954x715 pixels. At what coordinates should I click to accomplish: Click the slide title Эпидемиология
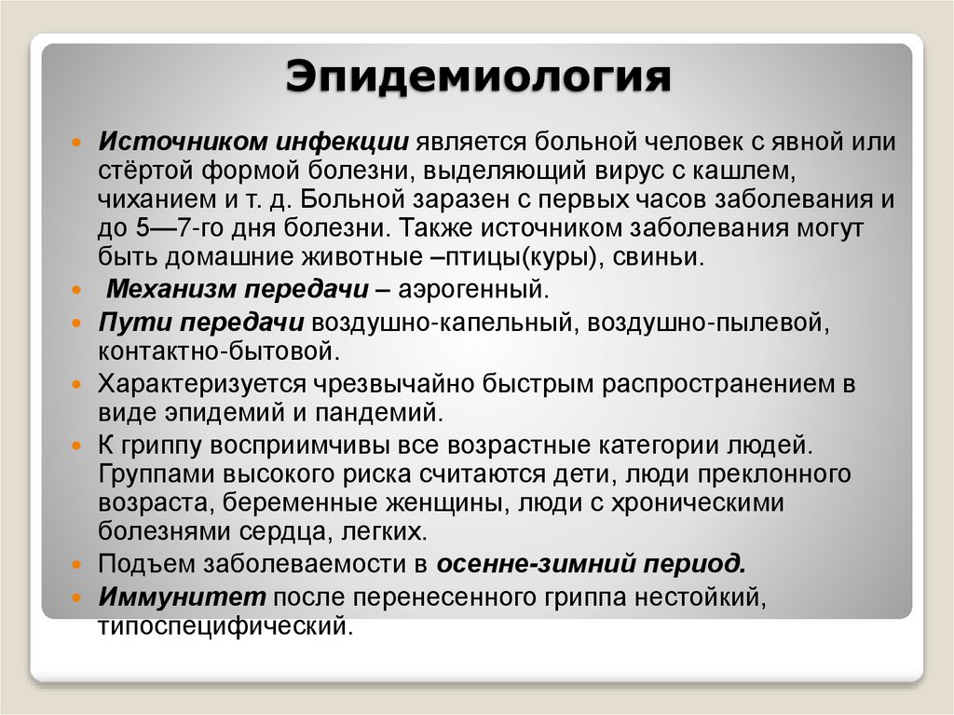tap(478, 76)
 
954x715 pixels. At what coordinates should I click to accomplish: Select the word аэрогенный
tap(470, 289)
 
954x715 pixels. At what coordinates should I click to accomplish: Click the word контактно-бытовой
tap(215, 351)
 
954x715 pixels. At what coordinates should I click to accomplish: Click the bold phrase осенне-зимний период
tap(593, 563)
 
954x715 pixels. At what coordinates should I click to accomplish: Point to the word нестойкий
tap(698, 595)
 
